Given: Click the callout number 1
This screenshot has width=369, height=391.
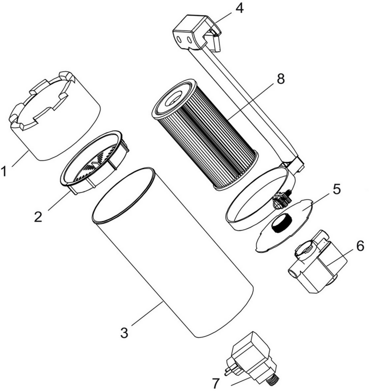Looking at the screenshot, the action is pos(4,172).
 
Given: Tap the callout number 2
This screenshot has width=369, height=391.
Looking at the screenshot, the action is pos(38,216).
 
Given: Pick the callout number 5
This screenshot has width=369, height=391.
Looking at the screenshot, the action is pos(336,189).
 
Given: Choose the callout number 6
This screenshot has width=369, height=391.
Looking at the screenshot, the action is pos(360,246).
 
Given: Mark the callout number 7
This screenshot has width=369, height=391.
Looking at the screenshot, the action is pos(216,383).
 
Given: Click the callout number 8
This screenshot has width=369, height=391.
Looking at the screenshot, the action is pos(281,79).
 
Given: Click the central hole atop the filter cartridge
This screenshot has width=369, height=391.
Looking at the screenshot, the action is pos(173,98).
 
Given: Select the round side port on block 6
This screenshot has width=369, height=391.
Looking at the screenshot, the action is pos(293,274).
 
